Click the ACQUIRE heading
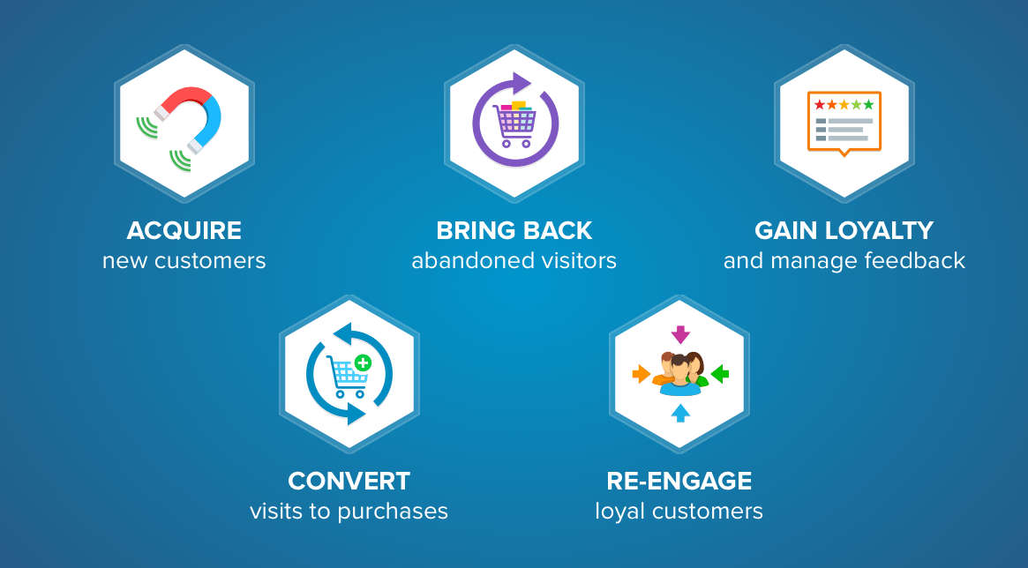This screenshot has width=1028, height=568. click(184, 230)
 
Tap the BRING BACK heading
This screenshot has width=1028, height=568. click(514, 230)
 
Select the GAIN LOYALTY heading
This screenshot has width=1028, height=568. click(844, 230)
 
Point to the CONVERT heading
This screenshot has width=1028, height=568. click(349, 481)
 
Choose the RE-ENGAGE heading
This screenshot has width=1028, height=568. click(679, 481)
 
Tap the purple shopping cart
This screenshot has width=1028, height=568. click(515, 123)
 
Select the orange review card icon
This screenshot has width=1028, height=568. click(844, 123)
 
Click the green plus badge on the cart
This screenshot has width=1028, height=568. click(363, 362)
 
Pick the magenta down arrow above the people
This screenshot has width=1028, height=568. click(680, 334)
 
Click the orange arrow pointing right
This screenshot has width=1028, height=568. click(642, 374)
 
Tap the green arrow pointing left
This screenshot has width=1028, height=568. click(720, 374)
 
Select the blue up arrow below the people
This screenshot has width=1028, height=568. click(680, 413)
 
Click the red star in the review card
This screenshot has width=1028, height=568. click(820, 105)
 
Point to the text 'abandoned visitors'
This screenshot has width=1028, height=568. click(514, 261)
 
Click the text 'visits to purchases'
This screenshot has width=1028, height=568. click(349, 511)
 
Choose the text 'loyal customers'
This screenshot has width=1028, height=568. click(679, 511)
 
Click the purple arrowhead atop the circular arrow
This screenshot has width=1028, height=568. click(522, 83)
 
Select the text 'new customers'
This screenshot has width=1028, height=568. click(184, 261)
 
